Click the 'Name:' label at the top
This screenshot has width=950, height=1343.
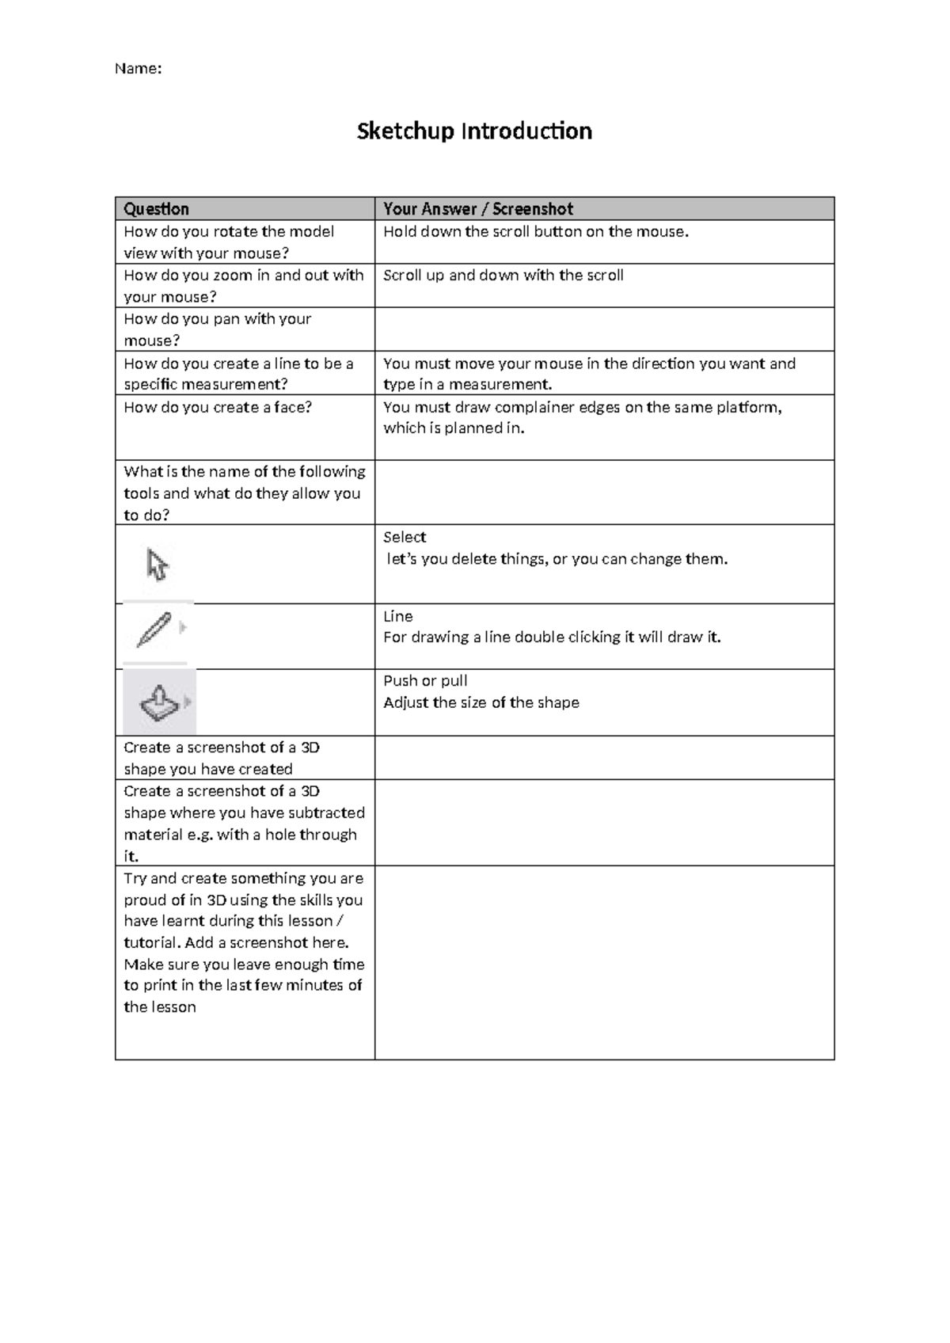pos(138,69)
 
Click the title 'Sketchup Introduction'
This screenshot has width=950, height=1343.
pos(474,131)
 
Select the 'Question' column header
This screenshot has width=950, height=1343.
pos(156,209)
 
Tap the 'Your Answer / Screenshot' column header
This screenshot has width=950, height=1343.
pos(478,209)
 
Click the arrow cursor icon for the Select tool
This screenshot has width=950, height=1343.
pos(157,565)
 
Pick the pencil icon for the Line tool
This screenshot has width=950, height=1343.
pos(154,630)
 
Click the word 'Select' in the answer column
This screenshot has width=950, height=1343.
pos(405,537)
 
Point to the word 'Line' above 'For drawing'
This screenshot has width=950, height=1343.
pos(398,616)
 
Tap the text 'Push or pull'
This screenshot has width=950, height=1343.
pos(425,681)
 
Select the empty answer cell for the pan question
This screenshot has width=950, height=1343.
pos(604,329)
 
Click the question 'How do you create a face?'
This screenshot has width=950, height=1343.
pos(218,407)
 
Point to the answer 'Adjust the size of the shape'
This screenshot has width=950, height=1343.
pos(481,702)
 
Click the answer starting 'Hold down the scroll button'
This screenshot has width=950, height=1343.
pos(536,232)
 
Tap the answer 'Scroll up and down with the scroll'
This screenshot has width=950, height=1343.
pos(503,276)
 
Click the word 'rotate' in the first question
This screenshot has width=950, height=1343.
pos(235,232)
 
